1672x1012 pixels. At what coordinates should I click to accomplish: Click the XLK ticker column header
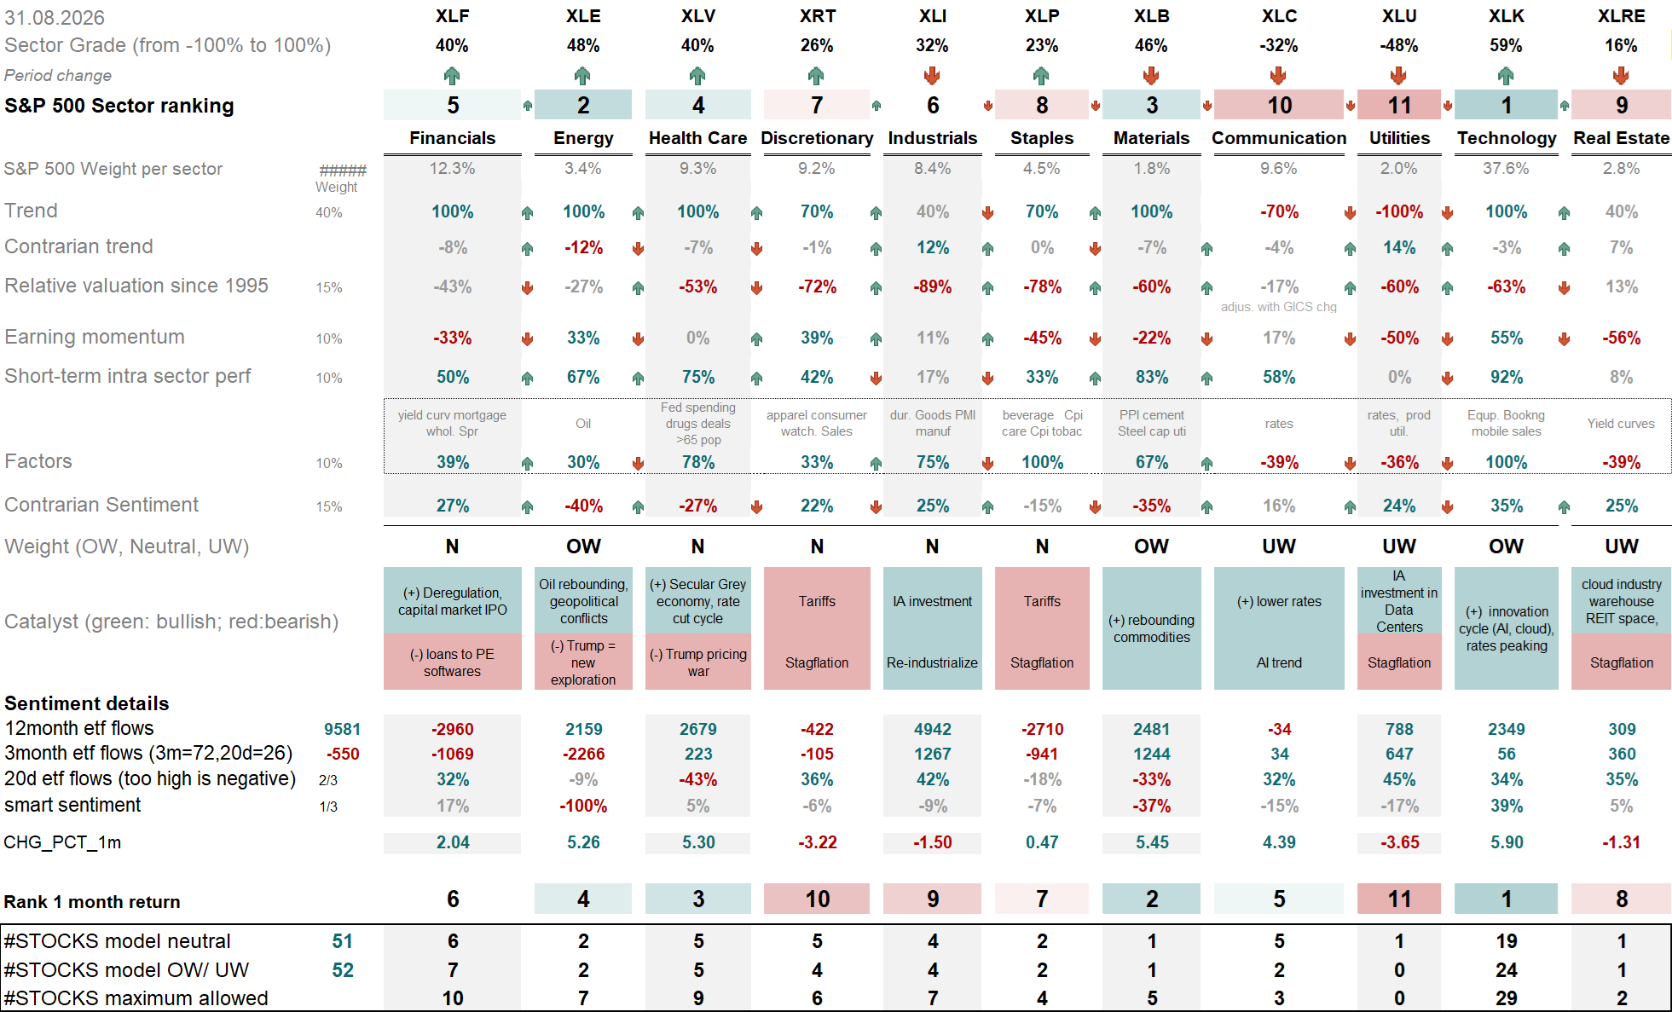(x=1506, y=16)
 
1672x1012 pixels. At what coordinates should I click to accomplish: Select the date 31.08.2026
(x=55, y=18)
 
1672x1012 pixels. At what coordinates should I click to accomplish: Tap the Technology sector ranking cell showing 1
(x=1506, y=105)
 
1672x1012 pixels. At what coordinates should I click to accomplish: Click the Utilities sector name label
(x=1399, y=138)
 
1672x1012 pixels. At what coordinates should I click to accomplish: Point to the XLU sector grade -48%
(x=1399, y=45)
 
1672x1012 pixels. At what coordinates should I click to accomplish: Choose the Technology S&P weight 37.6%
(x=1506, y=169)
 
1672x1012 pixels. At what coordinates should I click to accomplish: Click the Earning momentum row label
(x=95, y=337)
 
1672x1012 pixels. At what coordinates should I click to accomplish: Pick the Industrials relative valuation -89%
(x=932, y=287)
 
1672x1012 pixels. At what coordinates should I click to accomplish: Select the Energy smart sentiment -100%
(x=583, y=806)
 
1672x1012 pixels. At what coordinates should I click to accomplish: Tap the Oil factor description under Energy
(x=583, y=424)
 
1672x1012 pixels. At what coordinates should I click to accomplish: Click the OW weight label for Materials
(x=1151, y=546)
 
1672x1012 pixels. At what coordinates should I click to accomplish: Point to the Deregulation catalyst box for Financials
(x=452, y=601)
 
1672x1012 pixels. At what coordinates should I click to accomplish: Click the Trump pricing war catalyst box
(x=698, y=662)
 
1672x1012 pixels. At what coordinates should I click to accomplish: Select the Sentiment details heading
(x=87, y=703)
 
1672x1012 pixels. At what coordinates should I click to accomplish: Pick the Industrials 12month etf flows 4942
(x=932, y=729)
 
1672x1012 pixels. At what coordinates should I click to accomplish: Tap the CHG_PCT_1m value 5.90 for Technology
(x=1506, y=842)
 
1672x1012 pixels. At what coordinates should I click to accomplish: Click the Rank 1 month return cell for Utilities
(x=1399, y=899)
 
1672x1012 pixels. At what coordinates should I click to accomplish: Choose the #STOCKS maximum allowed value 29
(x=1506, y=998)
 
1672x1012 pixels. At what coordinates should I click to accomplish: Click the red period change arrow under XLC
(x=1278, y=76)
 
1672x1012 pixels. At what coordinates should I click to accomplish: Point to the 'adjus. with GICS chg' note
(x=1278, y=307)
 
